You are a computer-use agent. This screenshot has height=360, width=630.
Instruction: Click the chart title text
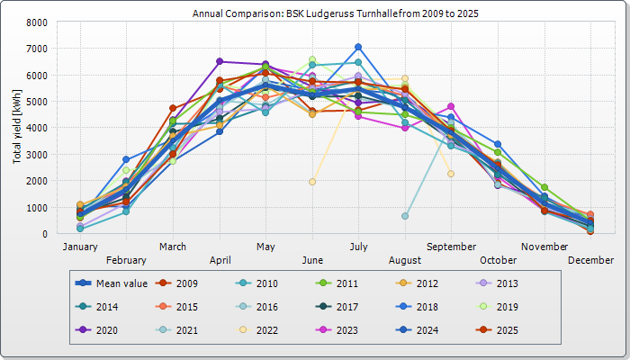click(x=314, y=14)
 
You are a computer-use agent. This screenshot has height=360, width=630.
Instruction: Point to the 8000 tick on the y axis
click(x=37, y=22)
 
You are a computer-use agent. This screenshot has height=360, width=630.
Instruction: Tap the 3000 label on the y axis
click(x=37, y=155)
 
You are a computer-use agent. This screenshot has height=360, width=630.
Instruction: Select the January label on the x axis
click(x=80, y=246)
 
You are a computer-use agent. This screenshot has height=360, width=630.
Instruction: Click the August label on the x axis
click(x=405, y=260)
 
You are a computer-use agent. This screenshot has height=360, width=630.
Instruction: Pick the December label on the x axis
click(x=591, y=260)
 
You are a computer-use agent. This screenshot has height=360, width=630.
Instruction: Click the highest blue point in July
click(x=358, y=47)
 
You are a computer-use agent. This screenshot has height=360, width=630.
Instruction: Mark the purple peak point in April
click(x=220, y=61)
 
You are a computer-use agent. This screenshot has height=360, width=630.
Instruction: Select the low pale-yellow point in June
click(x=312, y=182)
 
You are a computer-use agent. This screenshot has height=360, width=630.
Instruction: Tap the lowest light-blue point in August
click(x=405, y=216)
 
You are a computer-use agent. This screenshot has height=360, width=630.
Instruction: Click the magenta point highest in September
click(x=451, y=106)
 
